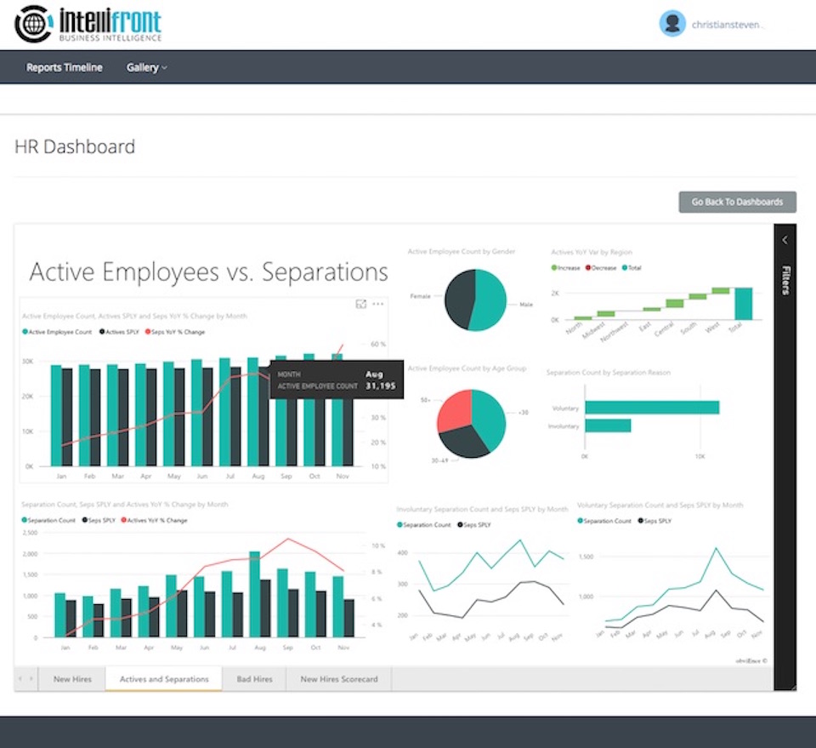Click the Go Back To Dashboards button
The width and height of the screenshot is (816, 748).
[737, 202]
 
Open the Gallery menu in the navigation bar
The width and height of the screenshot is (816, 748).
[146, 68]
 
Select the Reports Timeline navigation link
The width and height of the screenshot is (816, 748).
[65, 68]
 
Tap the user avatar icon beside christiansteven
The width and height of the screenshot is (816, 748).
[672, 24]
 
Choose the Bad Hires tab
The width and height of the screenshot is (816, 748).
[254, 679]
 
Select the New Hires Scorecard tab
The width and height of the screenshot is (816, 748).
[339, 679]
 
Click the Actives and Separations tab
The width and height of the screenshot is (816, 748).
[164, 679]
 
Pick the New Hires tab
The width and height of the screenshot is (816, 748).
[73, 679]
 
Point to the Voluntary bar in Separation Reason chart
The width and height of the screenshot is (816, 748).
[652, 407]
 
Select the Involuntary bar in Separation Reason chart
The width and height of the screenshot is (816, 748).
[608, 425]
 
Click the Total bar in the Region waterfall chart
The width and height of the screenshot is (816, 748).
[744, 304]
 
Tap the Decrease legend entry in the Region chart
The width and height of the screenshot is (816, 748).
[600, 268]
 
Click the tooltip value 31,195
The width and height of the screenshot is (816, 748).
[380, 386]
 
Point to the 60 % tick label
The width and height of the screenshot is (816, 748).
[379, 345]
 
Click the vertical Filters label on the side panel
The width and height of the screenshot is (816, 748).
[785, 280]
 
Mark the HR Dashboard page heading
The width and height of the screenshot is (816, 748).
[75, 146]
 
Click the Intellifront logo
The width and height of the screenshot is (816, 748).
[88, 24]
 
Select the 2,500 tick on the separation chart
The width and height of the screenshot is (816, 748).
[29, 534]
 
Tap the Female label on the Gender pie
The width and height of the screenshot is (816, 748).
[422, 297]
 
